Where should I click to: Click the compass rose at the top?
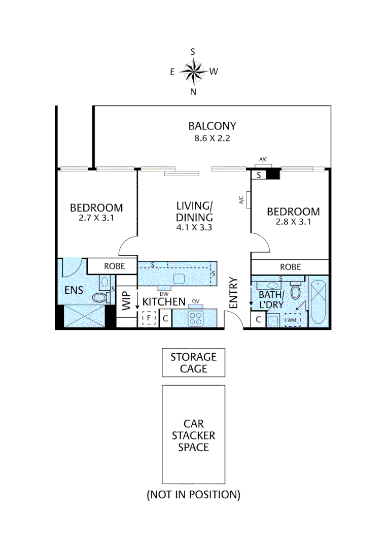coord(193,72)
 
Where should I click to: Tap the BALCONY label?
coord(212,126)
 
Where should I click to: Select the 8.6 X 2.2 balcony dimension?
coord(212,138)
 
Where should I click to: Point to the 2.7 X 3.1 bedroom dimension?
coord(96,219)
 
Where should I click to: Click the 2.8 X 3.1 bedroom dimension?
coord(294,222)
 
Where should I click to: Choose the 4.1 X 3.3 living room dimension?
coord(194,228)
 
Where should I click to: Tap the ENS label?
coord(74,291)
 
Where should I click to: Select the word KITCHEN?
coord(164,302)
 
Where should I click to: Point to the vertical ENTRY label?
coord(233,293)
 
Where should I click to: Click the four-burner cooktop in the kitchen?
coord(195,319)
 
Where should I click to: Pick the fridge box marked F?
coord(149,319)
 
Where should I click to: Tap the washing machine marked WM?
coord(292,320)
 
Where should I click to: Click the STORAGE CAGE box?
coord(193,363)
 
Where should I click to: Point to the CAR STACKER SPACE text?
coord(193,435)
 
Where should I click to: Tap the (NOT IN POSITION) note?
coord(193,494)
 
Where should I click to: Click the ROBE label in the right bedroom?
coord(291,267)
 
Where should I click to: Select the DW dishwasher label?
coord(163,294)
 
